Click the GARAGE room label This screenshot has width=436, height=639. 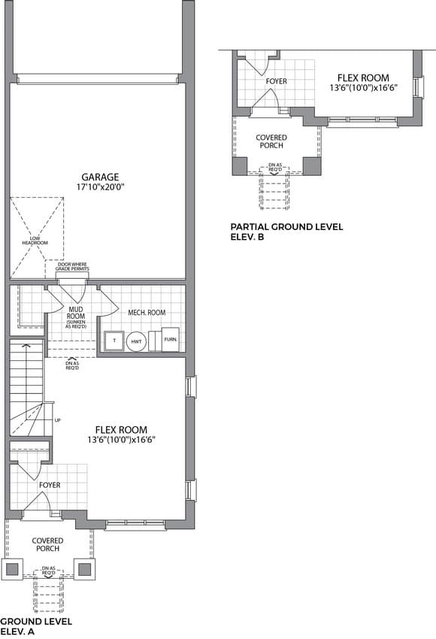pos(100,177)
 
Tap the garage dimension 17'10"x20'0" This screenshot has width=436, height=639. pos(100,187)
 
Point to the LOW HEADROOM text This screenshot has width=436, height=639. pos(35,241)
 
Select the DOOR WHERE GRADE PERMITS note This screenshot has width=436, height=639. pos(72,267)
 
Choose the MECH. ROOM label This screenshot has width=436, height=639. pos(147,313)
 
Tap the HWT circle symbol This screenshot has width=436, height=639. pos(136,341)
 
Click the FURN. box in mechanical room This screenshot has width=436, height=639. pos(171,339)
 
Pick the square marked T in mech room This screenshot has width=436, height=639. pos(114,341)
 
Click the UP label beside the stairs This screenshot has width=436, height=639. pos(57,420)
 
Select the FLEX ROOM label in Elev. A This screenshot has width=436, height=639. pos(121,429)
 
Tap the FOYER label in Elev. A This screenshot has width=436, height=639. pos(50,485)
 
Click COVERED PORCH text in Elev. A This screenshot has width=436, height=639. pos(47,544)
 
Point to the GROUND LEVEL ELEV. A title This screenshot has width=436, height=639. pos(36,626)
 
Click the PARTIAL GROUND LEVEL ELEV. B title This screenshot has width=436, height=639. pos(286,232)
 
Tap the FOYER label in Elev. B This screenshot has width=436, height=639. pos(277,81)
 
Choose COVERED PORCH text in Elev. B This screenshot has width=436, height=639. pos(271,141)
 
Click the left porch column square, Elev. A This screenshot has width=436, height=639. pos(12,569)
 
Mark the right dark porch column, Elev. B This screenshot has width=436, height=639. pos(312,166)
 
